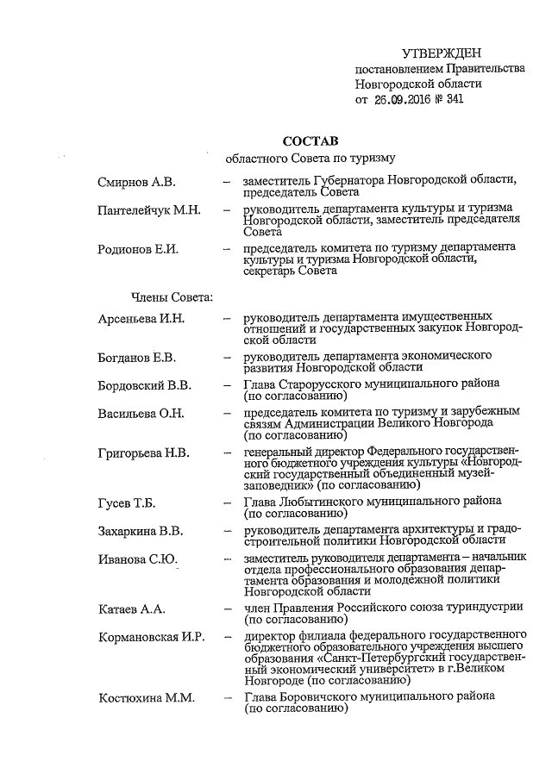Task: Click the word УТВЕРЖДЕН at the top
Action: tap(442, 54)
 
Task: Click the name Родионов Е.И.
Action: tap(138, 249)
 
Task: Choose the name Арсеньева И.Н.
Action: tap(141, 318)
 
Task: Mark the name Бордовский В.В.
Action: tap(145, 384)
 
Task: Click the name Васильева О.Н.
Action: tap(141, 414)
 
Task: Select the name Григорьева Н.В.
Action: tap(144, 452)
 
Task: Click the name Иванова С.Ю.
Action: tap(138, 560)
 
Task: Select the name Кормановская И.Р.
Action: tap(151, 637)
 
